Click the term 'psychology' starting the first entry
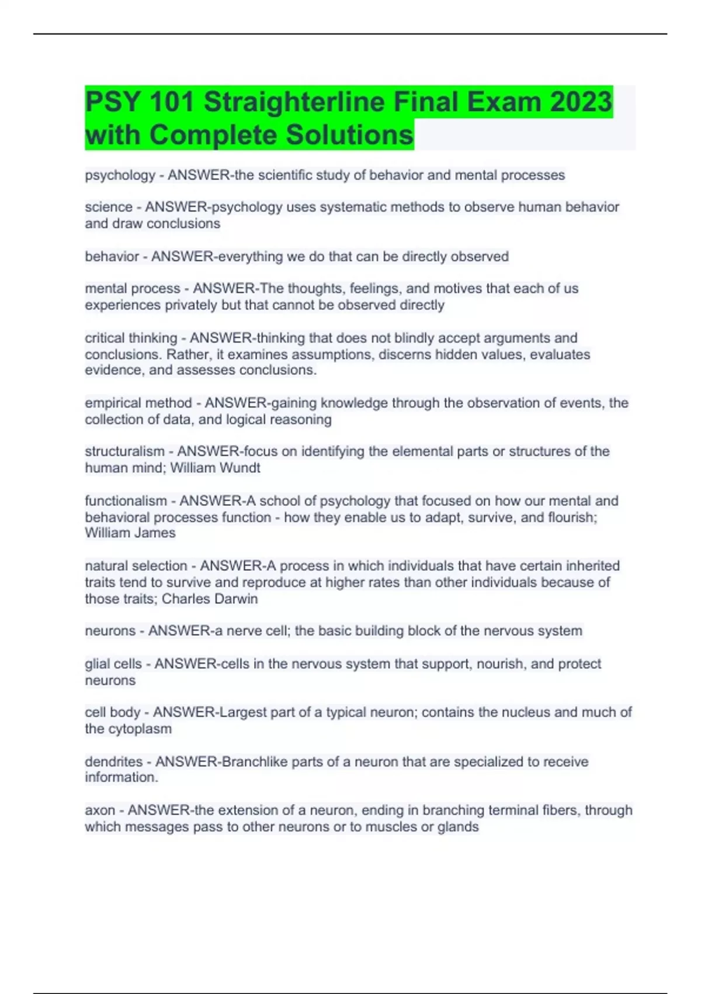[x=120, y=175]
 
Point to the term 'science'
[x=109, y=207]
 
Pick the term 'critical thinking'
[x=131, y=338]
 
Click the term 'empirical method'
[x=138, y=403]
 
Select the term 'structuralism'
[x=124, y=451]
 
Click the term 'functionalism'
[x=126, y=501]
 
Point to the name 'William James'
[x=130, y=533]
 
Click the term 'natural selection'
[x=136, y=566]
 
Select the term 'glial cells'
[x=113, y=664]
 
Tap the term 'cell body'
[x=113, y=712]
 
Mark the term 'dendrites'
[x=114, y=762]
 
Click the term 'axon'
[x=100, y=810]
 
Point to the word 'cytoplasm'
[x=140, y=729]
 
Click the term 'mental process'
[x=133, y=289]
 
